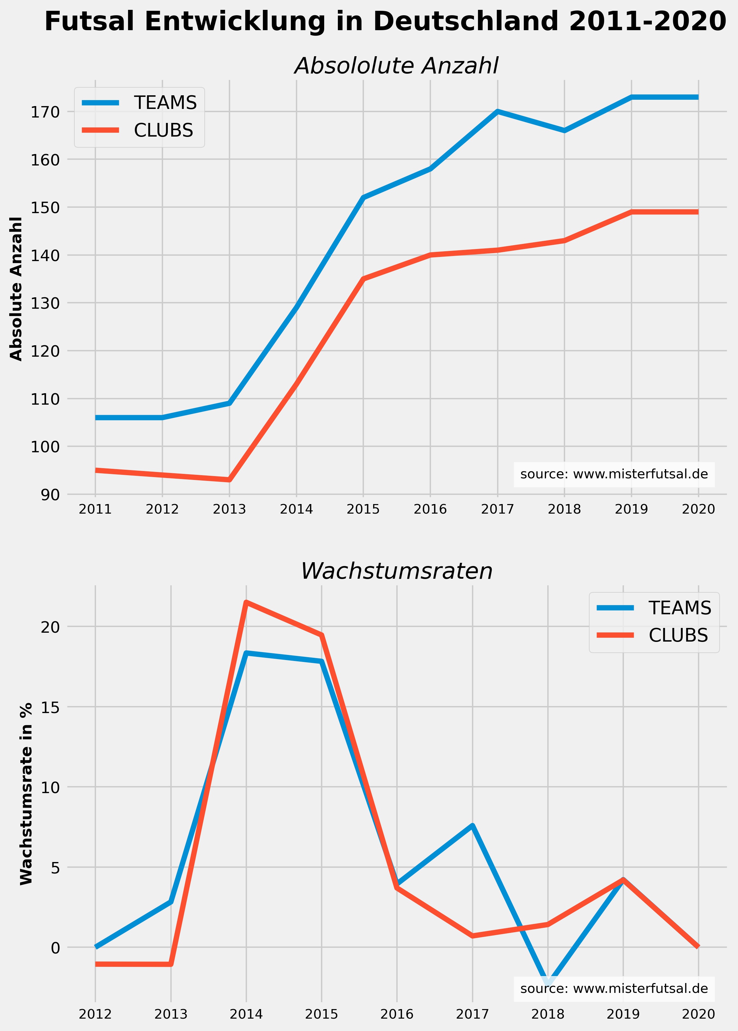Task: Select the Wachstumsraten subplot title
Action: [396, 571]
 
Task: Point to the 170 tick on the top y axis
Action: [45, 112]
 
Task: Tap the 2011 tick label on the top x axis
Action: [95, 509]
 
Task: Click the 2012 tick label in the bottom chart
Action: [95, 1014]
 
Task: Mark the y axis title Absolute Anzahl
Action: [16, 289]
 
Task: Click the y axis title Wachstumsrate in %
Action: [27, 794]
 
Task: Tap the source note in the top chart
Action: [614, 475]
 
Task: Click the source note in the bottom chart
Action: [614, 989]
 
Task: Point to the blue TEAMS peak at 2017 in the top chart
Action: [498, 111]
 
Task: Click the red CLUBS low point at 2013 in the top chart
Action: [229, 480]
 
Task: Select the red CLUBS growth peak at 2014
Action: [246, 603]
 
